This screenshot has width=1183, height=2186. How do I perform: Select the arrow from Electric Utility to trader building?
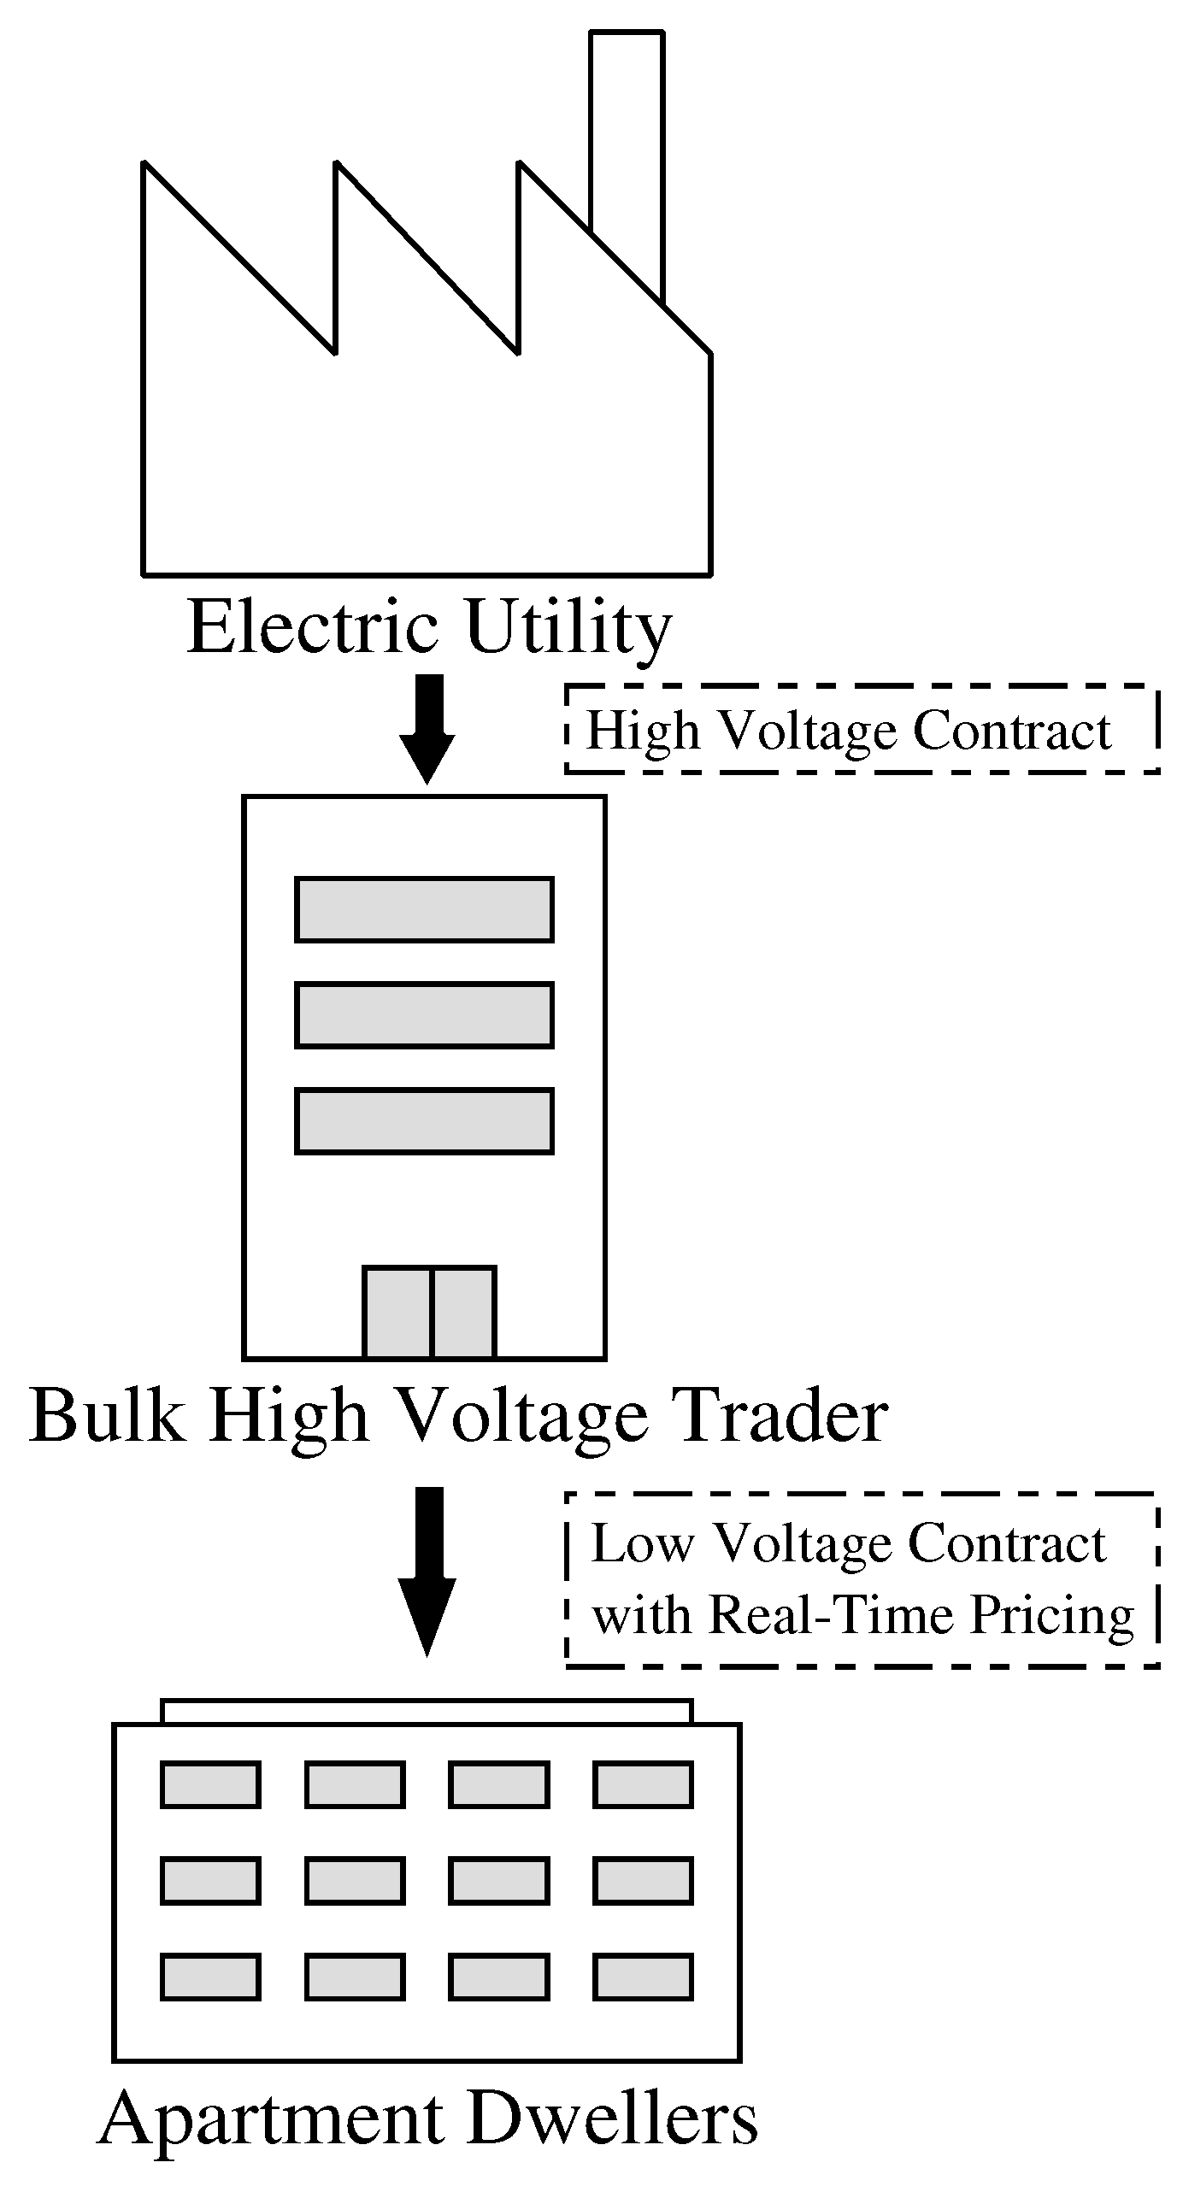(427, 726)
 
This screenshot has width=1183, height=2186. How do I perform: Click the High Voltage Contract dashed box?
(862, 730)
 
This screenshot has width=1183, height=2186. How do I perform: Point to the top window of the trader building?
(424, 909)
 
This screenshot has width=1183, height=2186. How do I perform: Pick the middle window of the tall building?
(424, 1014)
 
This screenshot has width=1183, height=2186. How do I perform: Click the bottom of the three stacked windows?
(424, 1120)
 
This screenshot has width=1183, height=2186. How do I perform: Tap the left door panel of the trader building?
(397, 1312)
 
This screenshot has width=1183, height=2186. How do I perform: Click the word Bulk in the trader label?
(106, 1416)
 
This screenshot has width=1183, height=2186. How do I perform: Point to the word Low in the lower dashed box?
(641, 1544)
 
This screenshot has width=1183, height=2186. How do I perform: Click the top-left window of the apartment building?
(210, 1784)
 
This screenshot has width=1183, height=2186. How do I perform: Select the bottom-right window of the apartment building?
(643, 1977)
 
